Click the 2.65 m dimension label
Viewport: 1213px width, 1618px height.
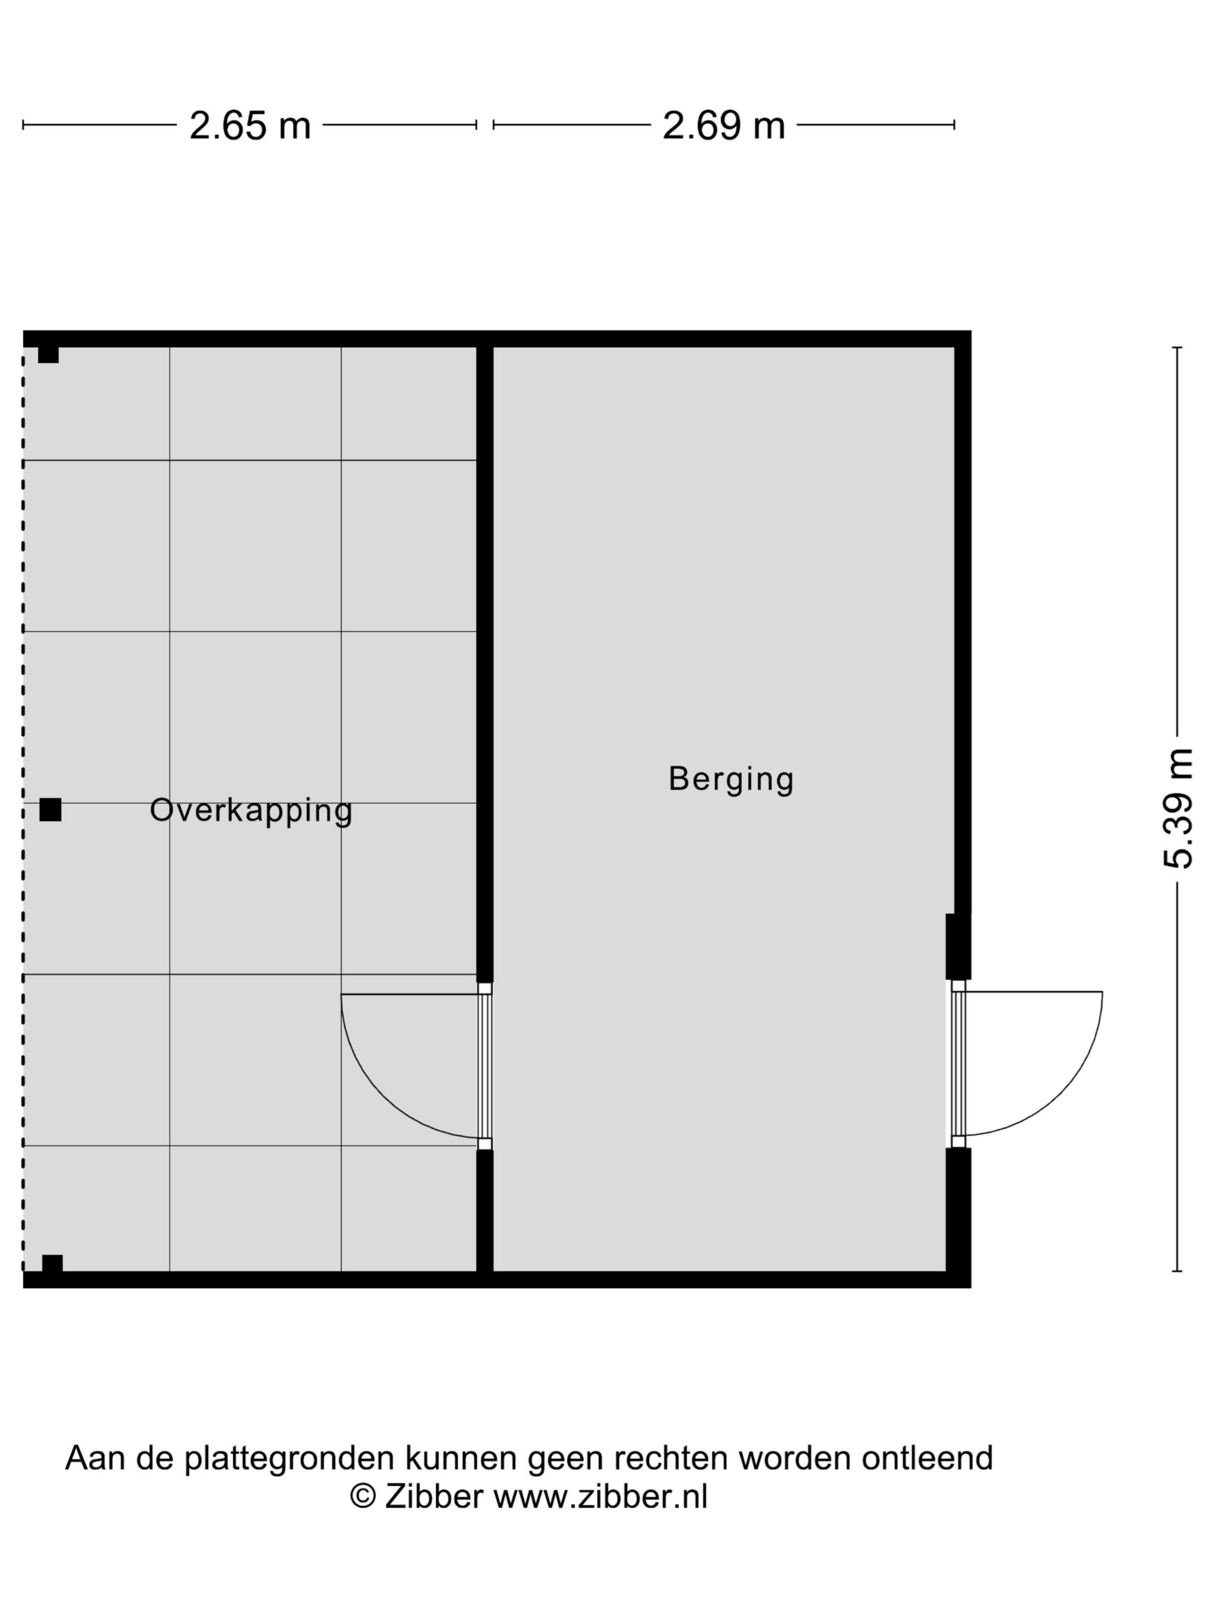pos(250,126)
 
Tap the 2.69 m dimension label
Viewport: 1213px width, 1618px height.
pos(723,126)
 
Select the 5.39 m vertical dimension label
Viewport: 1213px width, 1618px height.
pos(1177,808)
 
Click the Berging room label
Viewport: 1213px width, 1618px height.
pos(731,778)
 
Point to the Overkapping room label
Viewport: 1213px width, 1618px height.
pos(251,811)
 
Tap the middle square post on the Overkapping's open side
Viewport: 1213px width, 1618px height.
pos(50,810)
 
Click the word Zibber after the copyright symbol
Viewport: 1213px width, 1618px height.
pos(434,1496)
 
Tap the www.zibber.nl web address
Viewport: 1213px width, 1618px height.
pos(600,1496)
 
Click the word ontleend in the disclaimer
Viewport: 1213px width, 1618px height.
pos(927,1457)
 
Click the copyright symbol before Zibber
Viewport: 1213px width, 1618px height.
pos(363,1496)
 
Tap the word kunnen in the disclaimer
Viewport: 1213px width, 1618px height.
pos(462,1457)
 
